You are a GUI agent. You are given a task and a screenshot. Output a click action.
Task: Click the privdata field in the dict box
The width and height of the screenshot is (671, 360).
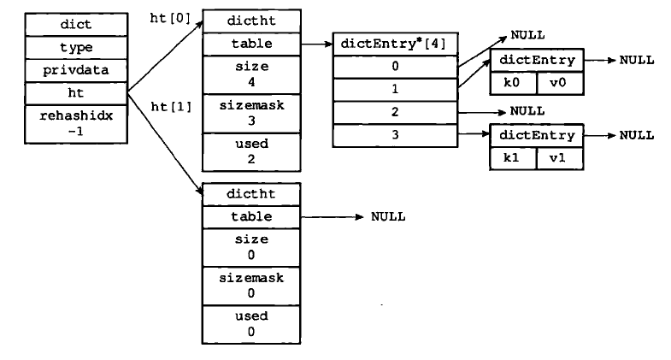[76, 70]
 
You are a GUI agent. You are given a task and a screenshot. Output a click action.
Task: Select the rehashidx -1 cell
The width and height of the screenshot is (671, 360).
[76, 124]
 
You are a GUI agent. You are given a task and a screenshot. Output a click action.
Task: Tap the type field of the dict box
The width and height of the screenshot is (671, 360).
[76, 48]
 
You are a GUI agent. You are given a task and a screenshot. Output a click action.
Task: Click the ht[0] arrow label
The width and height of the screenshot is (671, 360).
[170, 19]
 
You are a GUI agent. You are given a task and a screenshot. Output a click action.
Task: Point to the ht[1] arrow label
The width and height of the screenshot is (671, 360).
[171, 107]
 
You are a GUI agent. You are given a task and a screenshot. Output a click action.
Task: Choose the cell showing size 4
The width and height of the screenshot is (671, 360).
[251, 74]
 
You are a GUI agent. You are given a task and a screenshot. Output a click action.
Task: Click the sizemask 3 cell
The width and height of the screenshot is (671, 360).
[251, 114]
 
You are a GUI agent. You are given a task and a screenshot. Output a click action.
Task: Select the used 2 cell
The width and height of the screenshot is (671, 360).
[251, 152]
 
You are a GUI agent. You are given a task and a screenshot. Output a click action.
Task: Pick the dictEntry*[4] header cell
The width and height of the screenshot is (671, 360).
[395, 44]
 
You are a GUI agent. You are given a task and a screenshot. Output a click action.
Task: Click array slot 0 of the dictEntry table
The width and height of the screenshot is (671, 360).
[395, 67]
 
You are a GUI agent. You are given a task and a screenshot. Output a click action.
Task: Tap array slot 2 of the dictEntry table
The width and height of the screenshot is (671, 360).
[395, 112]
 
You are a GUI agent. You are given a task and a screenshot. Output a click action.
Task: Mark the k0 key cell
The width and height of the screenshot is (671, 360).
[513, 83]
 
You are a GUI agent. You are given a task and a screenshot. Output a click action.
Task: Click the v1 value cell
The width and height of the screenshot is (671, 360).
[560, 158]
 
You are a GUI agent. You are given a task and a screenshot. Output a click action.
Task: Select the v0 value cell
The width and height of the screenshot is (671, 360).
[560, 83]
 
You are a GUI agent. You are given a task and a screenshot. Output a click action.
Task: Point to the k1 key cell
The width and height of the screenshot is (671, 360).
[513, 158]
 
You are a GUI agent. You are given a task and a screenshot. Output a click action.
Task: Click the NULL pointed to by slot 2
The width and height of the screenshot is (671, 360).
[527, 111]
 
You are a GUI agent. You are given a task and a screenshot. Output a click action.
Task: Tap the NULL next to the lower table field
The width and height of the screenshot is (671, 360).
[388, 216]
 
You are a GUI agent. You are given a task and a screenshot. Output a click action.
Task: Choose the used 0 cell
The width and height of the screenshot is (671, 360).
[251, 324]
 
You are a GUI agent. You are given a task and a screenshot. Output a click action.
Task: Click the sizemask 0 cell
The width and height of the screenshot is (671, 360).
[251, 286]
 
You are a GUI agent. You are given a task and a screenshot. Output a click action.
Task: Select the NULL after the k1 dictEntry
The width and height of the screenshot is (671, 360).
[637, 136]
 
